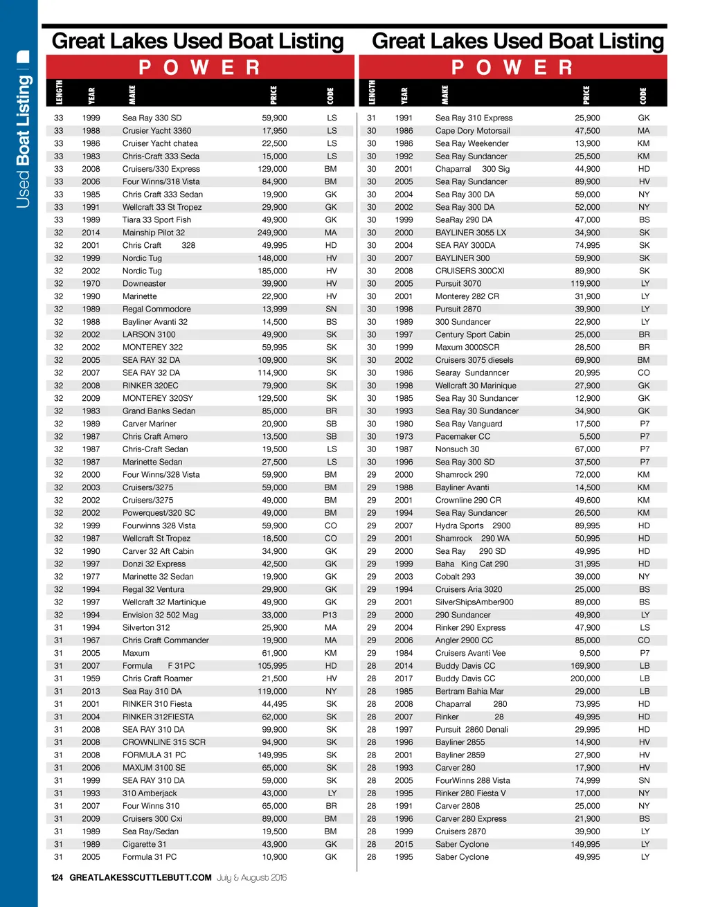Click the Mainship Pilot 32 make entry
pyautogui.click(x=154, y=233)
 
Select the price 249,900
pyautogui.click(x=272, y=233)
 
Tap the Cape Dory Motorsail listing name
pyautogui.click(x=472, y=131)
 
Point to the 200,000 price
pyautogui.click(x=585, y=679)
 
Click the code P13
pyautogui.click(x=330, y=615)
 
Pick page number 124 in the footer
pyautogui.click(x=57, y=877)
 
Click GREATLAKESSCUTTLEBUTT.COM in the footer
pyautogui.click(x=141, y=877)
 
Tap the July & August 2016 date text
pyautogui.click(x=251, y=877)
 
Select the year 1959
pyautogui.click(x=91, y=679)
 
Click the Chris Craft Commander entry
pyautogui.click(x=165, y=640)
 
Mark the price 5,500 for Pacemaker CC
pyautogui.click(x=590, y=437)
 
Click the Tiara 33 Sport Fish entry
pyautogui.click(x=156, y=220)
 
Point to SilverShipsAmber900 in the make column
pyautogui.click(x=474, y=602)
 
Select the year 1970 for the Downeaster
pyautogui.click(x=91, y=284)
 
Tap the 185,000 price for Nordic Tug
pyautogui.click(x=272, y=271)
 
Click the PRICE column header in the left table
pyautogui.click(x=273, y=94)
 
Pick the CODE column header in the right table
pyautogui.click(x=643, y=94)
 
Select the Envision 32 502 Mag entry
pyautogui.click(x=160, y=615)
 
